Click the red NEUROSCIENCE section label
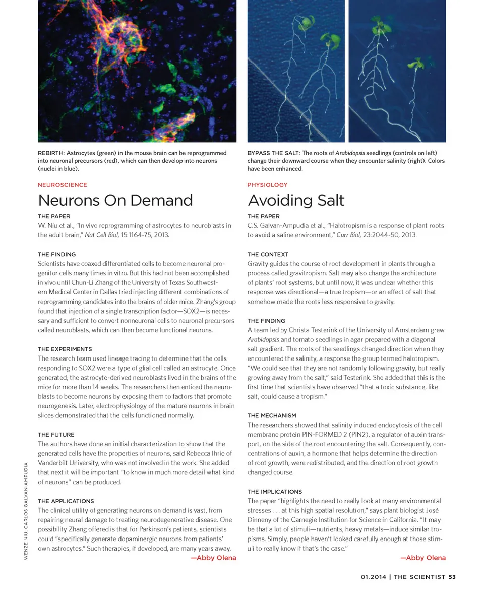coord(62,185)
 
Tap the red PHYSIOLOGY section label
coord(267,185)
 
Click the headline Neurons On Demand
coord(115,200)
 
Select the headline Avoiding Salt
coord(295,200)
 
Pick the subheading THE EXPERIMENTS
coord(65,349)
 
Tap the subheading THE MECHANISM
coord(272,415)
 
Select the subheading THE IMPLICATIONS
coord(274,492)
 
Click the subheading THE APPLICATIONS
coord(66,501)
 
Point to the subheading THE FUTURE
coord(55,435)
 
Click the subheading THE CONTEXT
coord(268,254)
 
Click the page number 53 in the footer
coord(452,577)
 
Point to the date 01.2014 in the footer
coord(373,577)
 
